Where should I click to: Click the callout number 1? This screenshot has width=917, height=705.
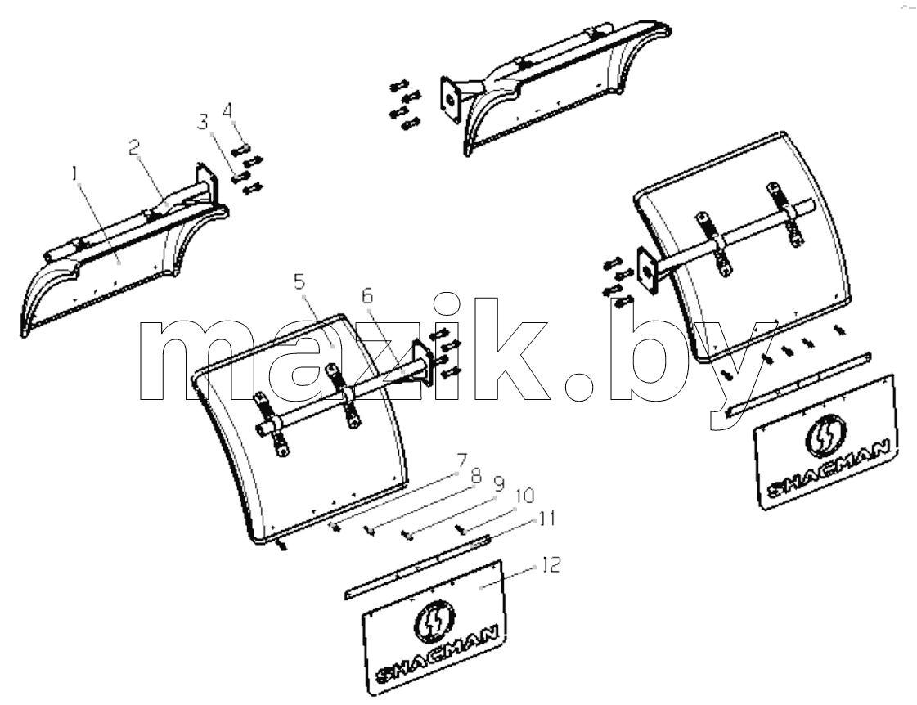pyautogui.click(x=75, y=173)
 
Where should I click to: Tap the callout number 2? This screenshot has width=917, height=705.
pyautogui.click(x=135, y=148)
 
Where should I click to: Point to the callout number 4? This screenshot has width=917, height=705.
pyautogui.click(x=227, y=110)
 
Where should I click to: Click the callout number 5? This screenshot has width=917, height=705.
pyautogui.click(x=299, y=282)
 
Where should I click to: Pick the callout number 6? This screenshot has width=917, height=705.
pyautogui.click(x=366, y=296)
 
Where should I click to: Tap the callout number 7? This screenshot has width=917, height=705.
pyautogui.click(x=461, y=460)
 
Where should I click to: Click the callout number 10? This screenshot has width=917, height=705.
pyautogui.click(x=524, y=496)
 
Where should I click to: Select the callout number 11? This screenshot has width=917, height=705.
pyautogui.click(x=546, y=519)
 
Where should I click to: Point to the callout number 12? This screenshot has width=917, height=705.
pyautogui.click(x=551, y=564)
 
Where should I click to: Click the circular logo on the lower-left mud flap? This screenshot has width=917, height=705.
pyautogui.click(x=434, y=621)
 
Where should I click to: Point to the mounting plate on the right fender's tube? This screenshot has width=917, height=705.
pyautogui.click(x=647, y=271)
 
